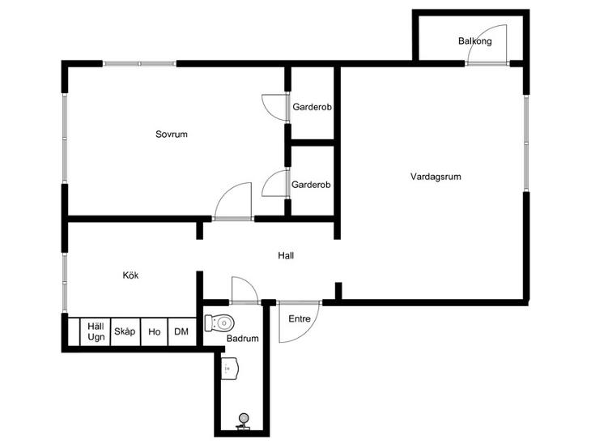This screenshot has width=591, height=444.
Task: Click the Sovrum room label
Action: click(172, 134)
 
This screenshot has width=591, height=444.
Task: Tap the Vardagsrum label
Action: click(436, 177)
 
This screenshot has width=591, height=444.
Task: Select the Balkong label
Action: click(475, 41)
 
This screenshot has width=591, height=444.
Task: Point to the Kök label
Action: click(130, 275)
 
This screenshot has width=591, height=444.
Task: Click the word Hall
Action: click(286, 255)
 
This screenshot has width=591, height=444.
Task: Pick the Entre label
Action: click(300, 318)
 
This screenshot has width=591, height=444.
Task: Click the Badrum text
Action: click(242, 339)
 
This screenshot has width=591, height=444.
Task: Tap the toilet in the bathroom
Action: click(219, 323)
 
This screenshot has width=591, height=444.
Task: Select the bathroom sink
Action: click(230, 368)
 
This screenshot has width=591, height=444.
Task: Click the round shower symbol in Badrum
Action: click(244, 418)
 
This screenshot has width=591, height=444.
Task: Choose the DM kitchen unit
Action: click(181, 331)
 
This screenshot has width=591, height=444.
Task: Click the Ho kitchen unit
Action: click(154, 331)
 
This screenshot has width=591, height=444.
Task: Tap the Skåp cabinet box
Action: click(125, 331)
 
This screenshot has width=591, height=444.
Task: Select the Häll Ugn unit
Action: click(96, 331)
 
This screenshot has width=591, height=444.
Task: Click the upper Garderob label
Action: click(312, 107)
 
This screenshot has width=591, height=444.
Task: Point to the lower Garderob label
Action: click(311, 185)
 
